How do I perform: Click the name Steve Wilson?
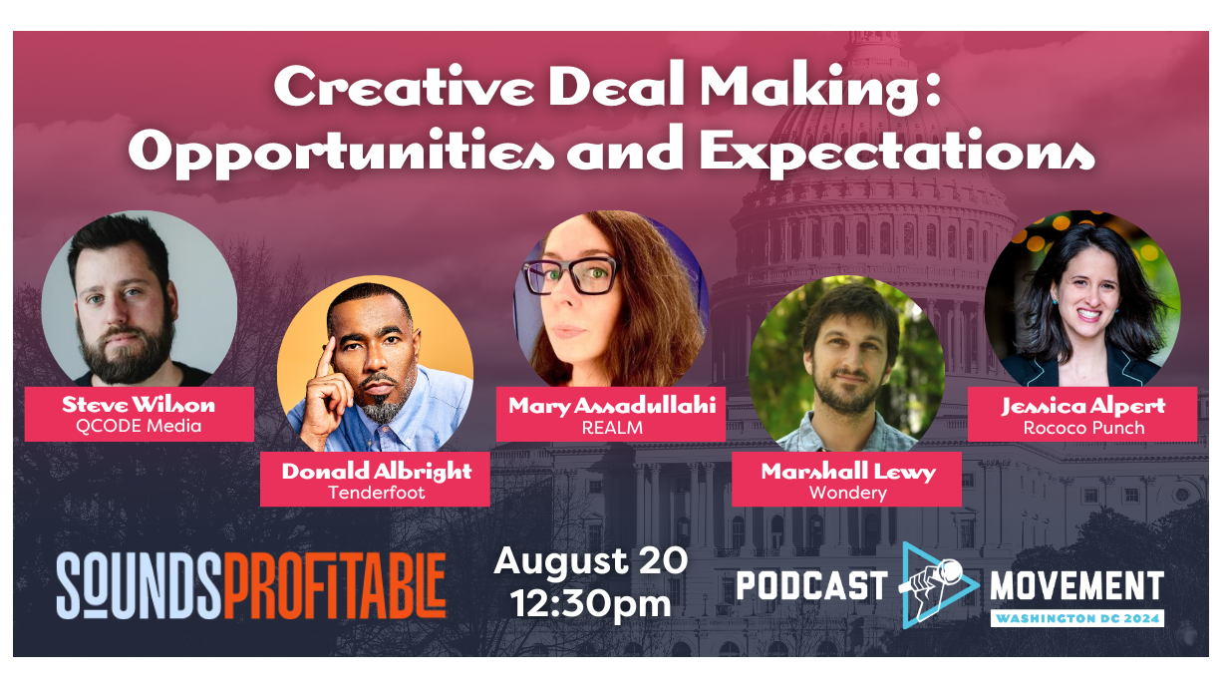139,405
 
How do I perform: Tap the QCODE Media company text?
139,427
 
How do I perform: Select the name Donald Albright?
375,472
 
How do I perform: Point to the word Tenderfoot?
376,493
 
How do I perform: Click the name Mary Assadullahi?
612,406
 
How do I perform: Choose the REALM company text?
612,428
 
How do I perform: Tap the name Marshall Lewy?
847,472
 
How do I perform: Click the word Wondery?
847,493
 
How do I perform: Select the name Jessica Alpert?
1083,406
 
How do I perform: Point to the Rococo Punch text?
1083,428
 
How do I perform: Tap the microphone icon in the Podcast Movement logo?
934,582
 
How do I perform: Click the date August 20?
591,561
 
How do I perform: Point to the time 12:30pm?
591,602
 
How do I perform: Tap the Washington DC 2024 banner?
1076,618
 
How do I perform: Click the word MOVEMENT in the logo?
1076,585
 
